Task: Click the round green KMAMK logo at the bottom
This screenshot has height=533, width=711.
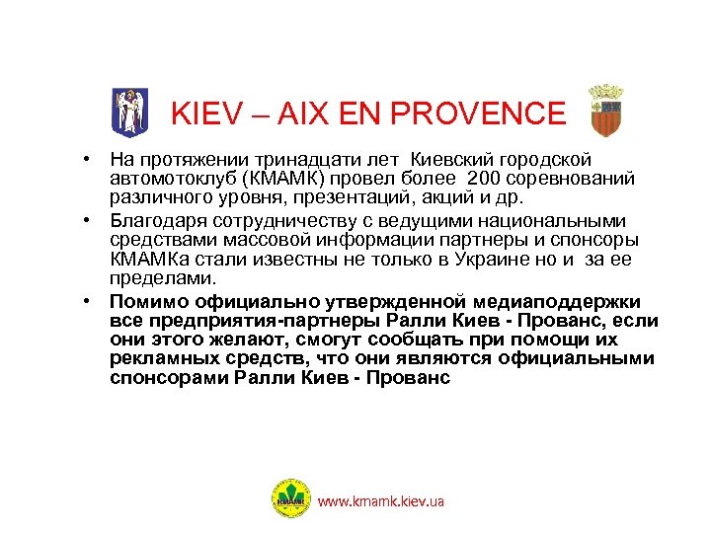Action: tap(290, 499)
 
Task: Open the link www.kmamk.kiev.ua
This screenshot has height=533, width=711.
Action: tap(380, 501)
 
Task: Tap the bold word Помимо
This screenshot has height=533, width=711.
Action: tap(142, 301)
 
